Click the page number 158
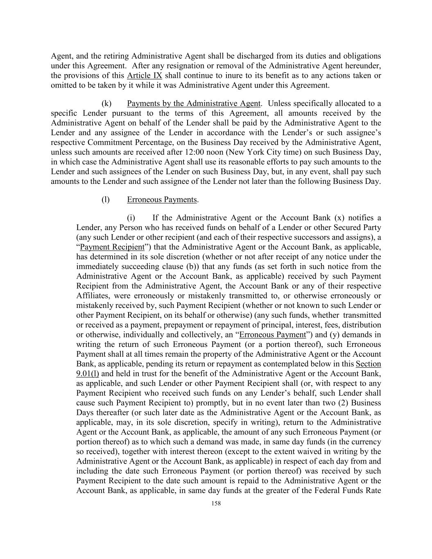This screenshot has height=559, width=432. point(216,504)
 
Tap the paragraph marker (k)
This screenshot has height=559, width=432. point(106,103)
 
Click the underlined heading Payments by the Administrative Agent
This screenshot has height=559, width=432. point(194,103)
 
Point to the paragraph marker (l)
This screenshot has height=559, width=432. point(106,200)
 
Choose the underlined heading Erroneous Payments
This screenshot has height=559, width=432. point(162,200)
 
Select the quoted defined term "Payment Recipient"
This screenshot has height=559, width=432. point(112,247)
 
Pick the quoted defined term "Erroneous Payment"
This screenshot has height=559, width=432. point(272,335)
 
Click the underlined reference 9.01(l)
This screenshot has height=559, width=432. point(88,373)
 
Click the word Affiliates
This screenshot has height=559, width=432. point(93,296)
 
